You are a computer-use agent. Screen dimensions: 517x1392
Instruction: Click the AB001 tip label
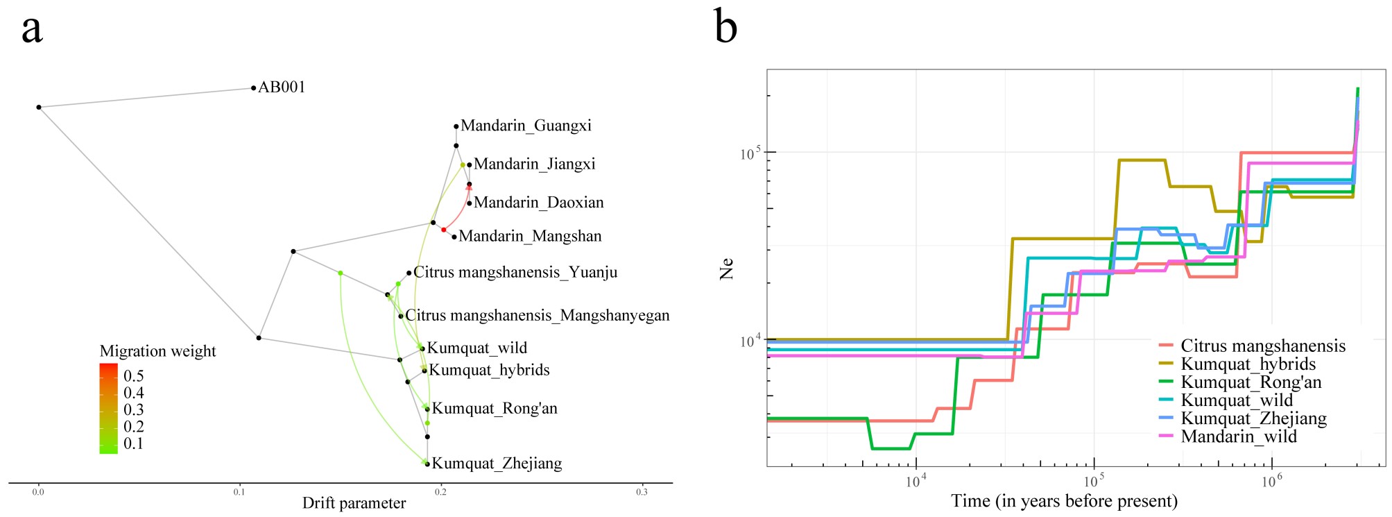tap(282, 87)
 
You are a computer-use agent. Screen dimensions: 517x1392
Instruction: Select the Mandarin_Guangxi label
tap(526, 126)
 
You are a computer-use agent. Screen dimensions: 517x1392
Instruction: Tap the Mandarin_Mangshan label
tap(530, 237)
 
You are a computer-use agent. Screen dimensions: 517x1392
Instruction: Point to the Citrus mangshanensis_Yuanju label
tap(515, 273)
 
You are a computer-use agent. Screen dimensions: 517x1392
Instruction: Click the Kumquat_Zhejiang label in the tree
tap(497, 464)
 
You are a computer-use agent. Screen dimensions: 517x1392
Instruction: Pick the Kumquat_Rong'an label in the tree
tap(495, 409)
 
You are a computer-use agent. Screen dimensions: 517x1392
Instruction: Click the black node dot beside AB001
tap(253, 88)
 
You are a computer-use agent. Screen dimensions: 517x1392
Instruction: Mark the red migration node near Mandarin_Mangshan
tap(444, 230)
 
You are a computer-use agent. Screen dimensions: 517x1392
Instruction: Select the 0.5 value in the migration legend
tap(134, 376)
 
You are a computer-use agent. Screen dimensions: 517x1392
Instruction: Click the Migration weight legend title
tap(157, 351)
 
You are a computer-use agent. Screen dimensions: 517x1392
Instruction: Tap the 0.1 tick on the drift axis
tap(239, 492)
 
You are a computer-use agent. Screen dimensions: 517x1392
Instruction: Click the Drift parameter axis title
tap(354, 504)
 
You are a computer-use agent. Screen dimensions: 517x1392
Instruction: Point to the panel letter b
tap(725, 28)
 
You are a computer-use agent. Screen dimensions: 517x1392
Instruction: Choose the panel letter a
tap(32, 29)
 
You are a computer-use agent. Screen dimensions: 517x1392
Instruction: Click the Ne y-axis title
tap(726, 269)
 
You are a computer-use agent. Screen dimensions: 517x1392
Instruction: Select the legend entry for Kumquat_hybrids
tap(1248, 364)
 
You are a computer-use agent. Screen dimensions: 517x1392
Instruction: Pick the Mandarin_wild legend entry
tap(1239, 437)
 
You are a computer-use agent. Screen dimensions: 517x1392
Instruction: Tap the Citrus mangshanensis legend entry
tap(1263, 346)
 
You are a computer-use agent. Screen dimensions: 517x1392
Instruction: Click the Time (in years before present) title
tap(1064, 501)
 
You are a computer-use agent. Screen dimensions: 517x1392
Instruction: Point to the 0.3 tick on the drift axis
tap(642, 492)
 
